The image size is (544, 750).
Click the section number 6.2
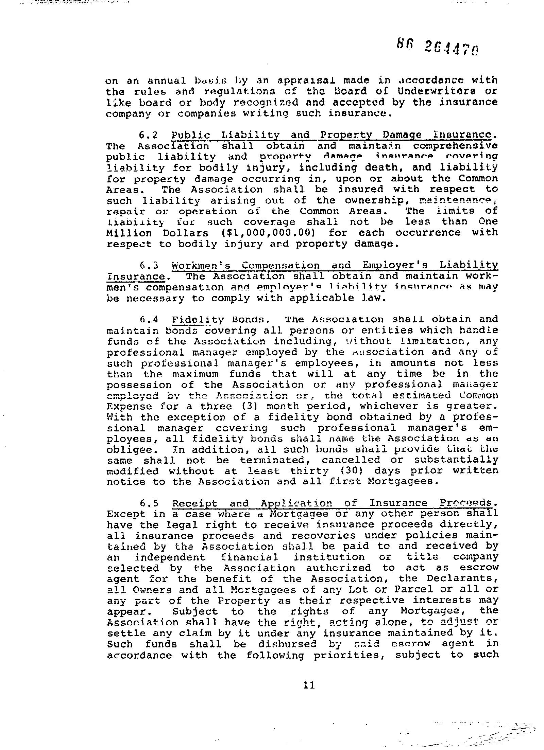[x=149, y=135]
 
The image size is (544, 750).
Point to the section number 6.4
[x=149, y=320]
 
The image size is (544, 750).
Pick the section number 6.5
[x=149, y=503]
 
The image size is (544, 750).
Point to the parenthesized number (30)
[x=353, y=471]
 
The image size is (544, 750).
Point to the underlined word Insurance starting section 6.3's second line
[x=136, y=276]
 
